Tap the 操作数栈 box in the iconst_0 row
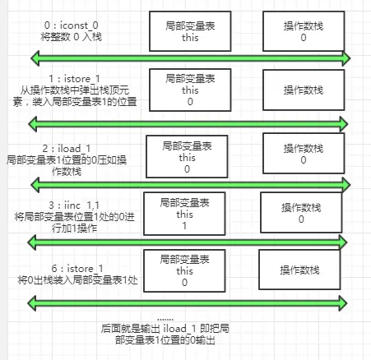click(x=304, y=31)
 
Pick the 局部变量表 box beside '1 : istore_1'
click(x=190, y=91)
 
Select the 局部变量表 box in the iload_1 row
click(x=187, y=157)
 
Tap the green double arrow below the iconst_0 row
click(x=190, y=58)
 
